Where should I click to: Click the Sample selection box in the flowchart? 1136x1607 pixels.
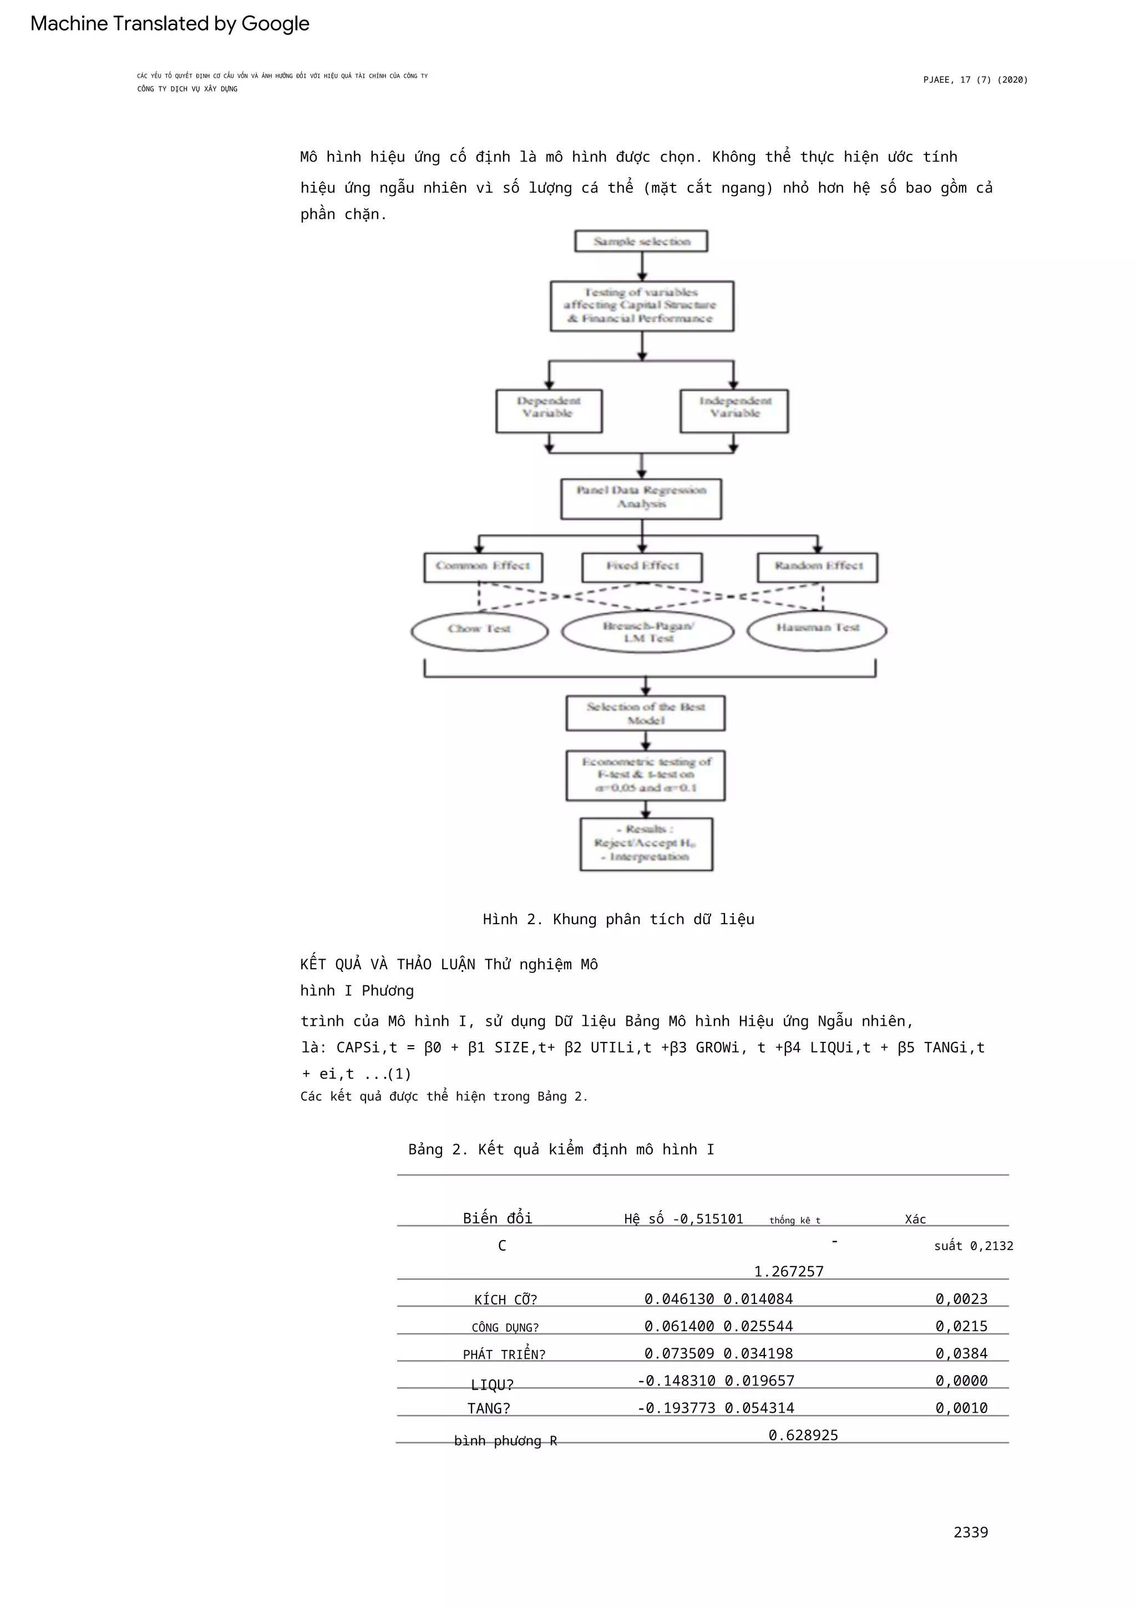(641, 241)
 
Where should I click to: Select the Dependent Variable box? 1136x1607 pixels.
(549, 411)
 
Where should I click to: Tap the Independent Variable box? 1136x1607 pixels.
(734, 411)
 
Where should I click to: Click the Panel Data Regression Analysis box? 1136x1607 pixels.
(641, 498)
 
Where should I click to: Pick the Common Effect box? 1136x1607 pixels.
(483, 567)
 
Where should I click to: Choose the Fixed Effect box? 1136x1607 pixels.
(641, 567)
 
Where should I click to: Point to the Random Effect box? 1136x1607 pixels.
(817, 567)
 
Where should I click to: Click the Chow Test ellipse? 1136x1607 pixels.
(479, 631)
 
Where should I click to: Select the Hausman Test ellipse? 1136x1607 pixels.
(816, 630)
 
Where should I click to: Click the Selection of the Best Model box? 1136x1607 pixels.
(645, 713)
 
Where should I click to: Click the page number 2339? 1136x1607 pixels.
(970, 1532)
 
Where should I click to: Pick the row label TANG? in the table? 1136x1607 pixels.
(488, 1408)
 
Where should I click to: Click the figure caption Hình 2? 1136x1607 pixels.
(618, 919)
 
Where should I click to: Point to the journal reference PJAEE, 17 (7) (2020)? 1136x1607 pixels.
(975, 80)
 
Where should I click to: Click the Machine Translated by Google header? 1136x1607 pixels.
(169, 24)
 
